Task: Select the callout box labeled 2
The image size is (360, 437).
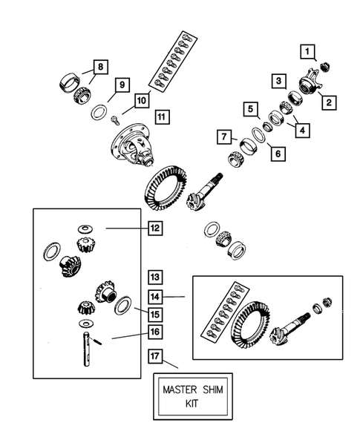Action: click(x=327, y=102)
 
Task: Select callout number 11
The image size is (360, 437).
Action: click(x=162, y=115)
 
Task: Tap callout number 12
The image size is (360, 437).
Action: click(x=154, y=230)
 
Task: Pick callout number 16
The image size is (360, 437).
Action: click(x=154, y=331)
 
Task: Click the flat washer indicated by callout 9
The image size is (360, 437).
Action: click(x=97, y=112)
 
